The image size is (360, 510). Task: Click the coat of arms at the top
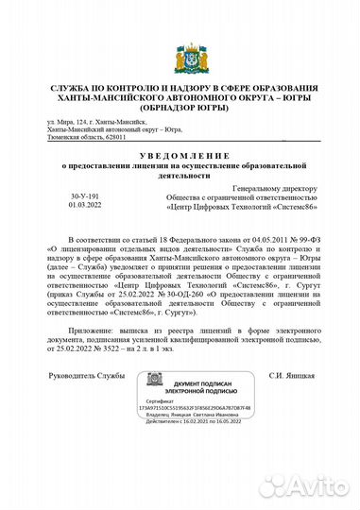(x=180, y=56)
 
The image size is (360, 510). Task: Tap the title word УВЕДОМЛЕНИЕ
(x=180, y=154)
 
